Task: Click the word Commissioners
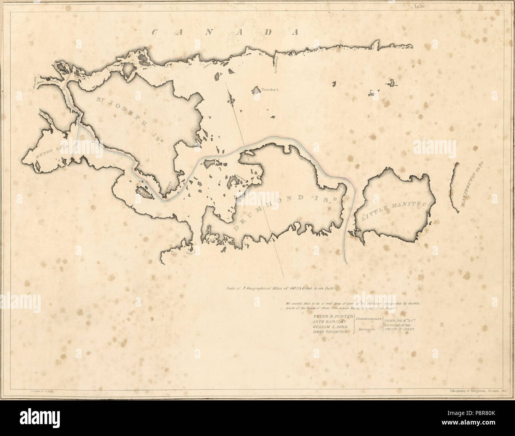tap(368, 319)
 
